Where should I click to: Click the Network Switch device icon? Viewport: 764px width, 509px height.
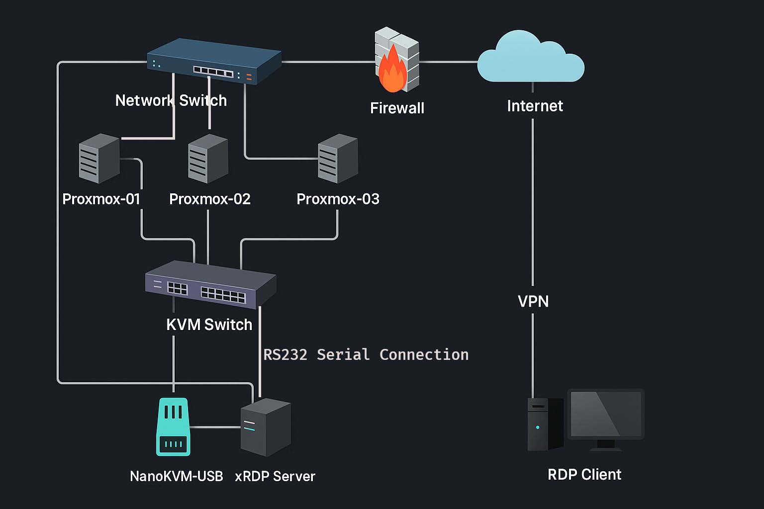[x=214, y=62]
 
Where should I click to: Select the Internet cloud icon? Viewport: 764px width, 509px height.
[x=530, y=59]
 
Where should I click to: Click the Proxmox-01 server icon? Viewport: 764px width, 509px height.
[x=99, y=159]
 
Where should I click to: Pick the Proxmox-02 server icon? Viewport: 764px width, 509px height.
[x=208, y=159]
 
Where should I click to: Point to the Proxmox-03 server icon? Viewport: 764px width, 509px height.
[x=338, y=159]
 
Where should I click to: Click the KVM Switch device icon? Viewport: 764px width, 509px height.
[x=210, y=285]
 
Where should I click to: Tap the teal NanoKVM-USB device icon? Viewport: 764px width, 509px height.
[x=173, y=426]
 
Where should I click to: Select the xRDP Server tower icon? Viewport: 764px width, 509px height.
[x=266, y=427]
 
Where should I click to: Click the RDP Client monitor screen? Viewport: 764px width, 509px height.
[x=605, y=414]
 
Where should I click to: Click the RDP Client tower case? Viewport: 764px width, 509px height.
[x=545, y=424]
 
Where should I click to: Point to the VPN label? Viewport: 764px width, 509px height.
[x=533, y=301]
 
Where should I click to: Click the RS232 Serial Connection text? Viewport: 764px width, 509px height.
[x=366, y=354]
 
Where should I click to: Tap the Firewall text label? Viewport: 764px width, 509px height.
[x=397, y=108]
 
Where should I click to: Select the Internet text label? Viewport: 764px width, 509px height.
[x=535, y=106]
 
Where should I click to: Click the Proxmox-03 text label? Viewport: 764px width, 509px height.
[x=338, y=199]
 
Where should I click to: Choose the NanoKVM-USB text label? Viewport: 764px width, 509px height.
[x=176, y=476]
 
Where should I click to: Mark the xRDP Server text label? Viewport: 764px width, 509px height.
[x=275, y=476]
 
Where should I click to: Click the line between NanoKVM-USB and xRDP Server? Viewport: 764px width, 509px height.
[x=215, y=427]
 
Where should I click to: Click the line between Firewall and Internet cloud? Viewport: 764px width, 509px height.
[x=448, y=62]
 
